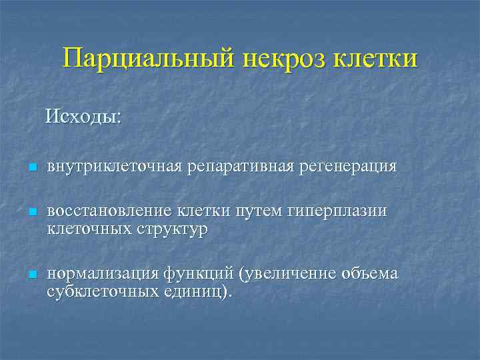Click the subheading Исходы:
pos(83,118)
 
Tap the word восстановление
pos(111,212)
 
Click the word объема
pos(369,274)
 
